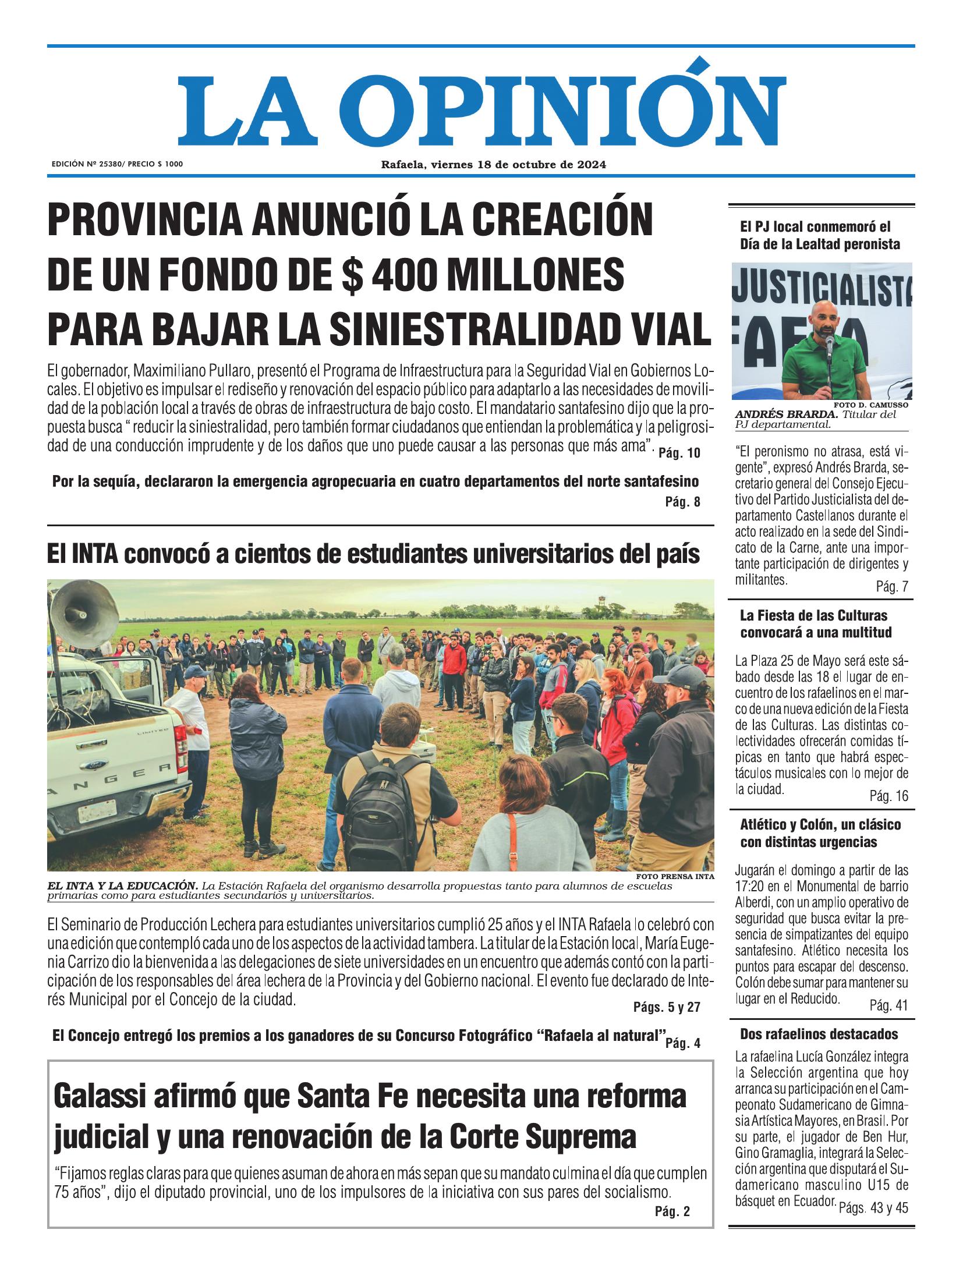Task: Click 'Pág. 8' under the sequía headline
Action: click(682, 502)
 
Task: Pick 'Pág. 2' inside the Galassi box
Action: click(672, 1211)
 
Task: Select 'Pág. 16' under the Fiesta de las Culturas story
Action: click(888, 796)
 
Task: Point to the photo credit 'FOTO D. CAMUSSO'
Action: click(870, 404)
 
